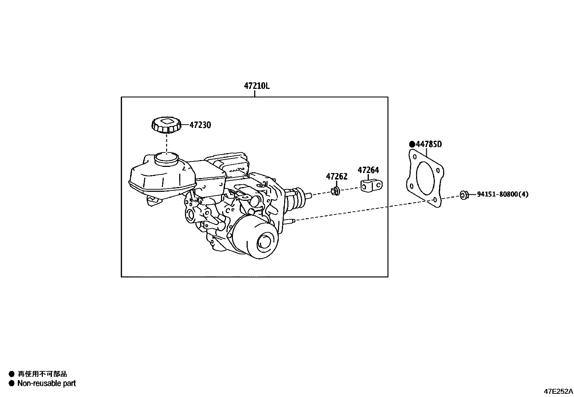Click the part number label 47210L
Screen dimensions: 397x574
(257, 86)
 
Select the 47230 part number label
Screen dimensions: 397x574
(200, 125)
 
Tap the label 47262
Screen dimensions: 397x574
(337, 177)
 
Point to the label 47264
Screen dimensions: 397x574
(368, 170)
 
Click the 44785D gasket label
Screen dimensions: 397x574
(429, 144)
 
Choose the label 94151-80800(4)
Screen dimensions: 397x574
(503, 194)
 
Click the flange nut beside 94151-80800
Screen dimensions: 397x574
(464, 195)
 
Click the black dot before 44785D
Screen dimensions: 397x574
(412, 144)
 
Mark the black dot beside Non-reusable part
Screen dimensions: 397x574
(11, 383)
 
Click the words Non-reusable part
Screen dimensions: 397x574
(47, 383)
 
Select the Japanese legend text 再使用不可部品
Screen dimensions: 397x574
(42, 374)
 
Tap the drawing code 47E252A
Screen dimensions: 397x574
(558, 391)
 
